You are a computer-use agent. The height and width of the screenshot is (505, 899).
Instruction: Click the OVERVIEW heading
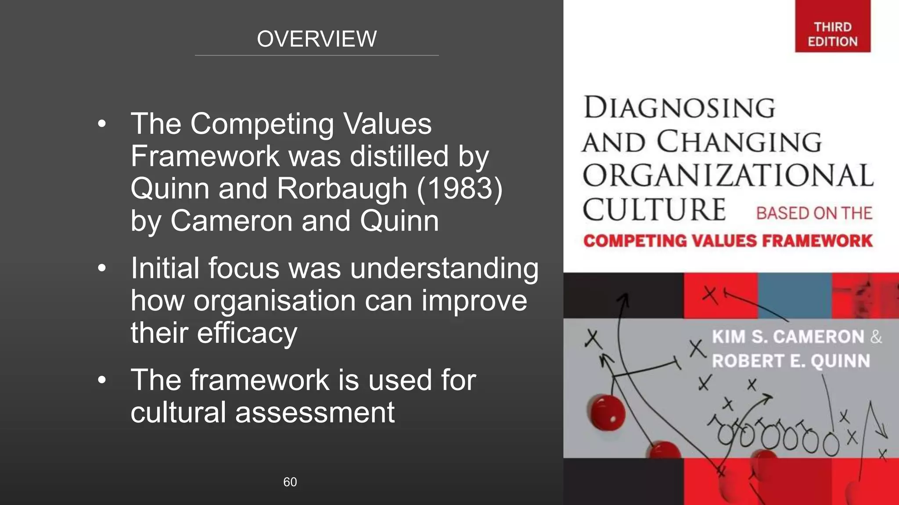(x=316, y=39)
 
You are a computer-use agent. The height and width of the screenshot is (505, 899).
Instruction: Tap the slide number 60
(x=290, y=482)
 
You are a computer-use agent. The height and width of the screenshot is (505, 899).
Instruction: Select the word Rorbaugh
(x=342, y=189)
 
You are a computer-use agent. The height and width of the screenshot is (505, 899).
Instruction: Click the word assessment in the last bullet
(x=315, y=413)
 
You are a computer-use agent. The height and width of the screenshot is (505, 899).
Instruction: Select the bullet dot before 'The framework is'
(x=102, y=380)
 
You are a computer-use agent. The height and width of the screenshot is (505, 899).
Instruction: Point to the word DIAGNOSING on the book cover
(x=679, y=108)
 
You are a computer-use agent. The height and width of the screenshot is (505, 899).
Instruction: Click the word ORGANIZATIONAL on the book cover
(x=728, y=175)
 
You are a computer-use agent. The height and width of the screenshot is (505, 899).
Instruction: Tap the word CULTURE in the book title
(x=654, y=210)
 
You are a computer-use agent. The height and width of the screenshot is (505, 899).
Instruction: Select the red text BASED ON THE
(x=813, y=213)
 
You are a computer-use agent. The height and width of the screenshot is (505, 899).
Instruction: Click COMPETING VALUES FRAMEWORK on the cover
(x=728, y=241)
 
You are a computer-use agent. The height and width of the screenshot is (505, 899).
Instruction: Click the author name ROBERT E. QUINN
(x=791, y=361)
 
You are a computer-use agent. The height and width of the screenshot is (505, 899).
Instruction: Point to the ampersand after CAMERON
(x=876, y=337)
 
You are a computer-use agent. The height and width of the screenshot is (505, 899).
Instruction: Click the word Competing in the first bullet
(x=262, y=124)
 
